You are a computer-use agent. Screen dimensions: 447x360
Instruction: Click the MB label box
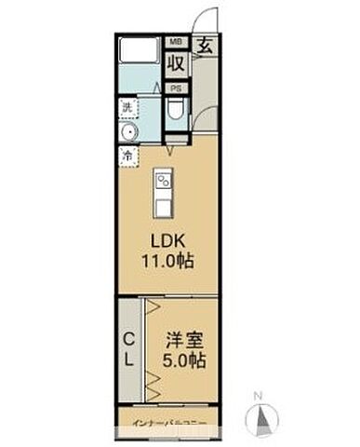pyautogui.click(x=175, y=42)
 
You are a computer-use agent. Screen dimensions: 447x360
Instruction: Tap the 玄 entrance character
pyautogui.click(x=203, y=44)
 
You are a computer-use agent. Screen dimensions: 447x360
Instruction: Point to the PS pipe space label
pyautogui.click(x=175, y=88)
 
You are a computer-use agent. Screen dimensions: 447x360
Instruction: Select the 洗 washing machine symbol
pyautogui.click(x=128, y=109)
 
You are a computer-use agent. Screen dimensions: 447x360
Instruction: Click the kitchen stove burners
pyautogui.click(x=164, y=179)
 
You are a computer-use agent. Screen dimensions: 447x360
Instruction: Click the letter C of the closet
pyautogui.click(x=128, y=339)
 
